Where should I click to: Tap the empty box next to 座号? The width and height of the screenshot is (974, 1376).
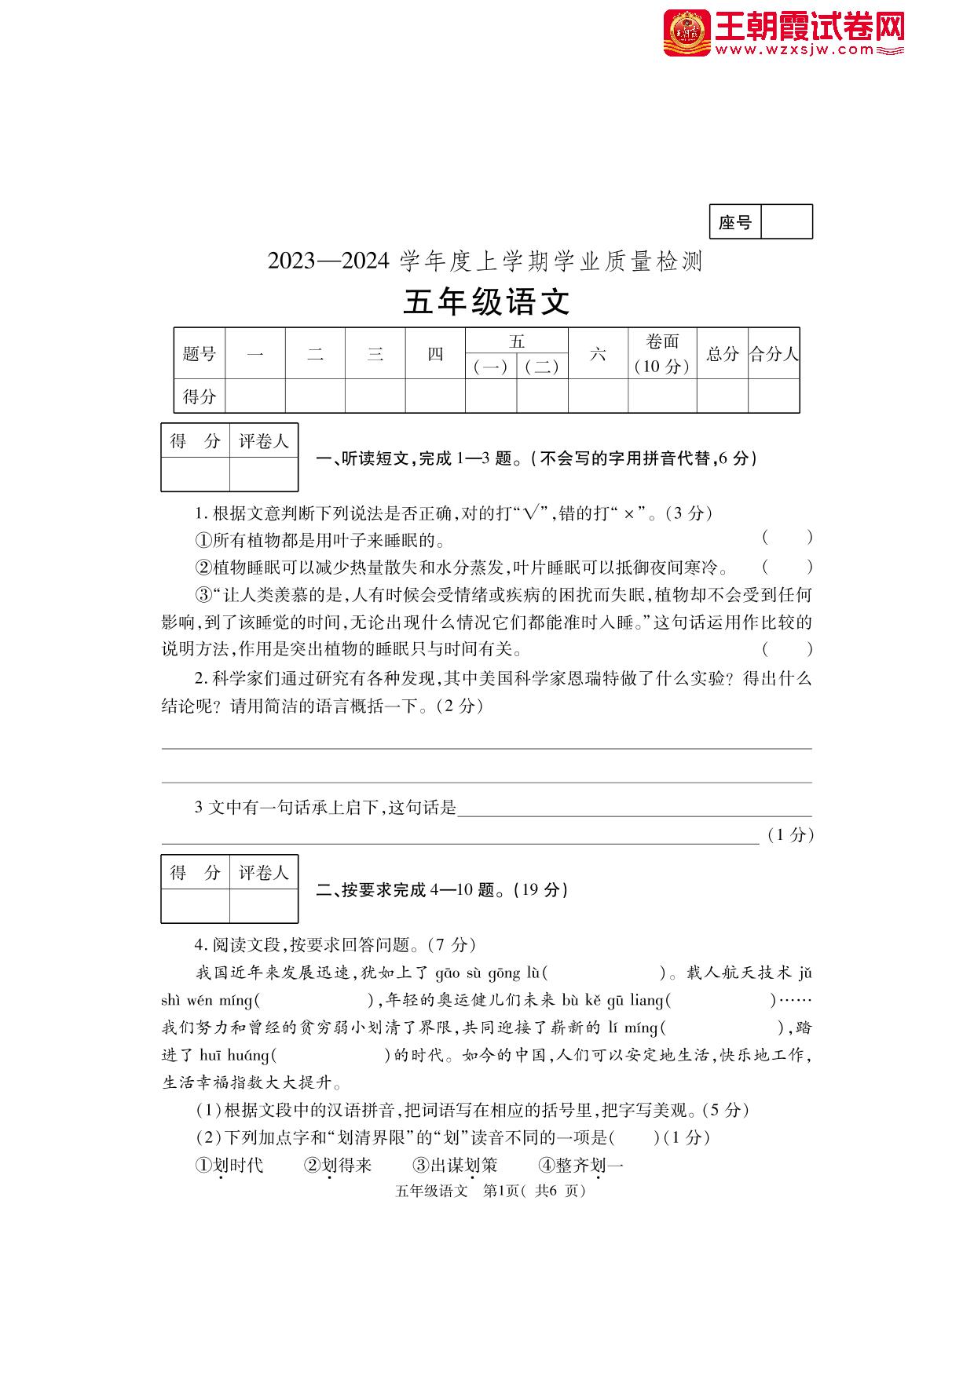786,222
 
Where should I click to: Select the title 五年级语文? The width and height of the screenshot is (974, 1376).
486,302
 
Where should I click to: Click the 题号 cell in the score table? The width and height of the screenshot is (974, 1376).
200,354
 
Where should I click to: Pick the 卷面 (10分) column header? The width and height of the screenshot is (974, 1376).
662,354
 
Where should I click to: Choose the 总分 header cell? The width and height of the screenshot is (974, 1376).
722,354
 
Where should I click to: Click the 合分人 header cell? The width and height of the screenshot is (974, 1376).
774,354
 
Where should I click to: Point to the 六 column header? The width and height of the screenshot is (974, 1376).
598,354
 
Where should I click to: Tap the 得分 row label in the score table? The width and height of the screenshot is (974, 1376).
200,396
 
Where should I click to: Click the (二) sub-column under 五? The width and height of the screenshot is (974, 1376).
542,367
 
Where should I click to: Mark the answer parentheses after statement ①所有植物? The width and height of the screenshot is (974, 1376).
787,538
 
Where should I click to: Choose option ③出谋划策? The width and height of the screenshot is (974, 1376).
456,1166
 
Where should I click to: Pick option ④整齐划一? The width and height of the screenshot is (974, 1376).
581,1166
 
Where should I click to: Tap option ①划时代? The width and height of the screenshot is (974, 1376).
229,1166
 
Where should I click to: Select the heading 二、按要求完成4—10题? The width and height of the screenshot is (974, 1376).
441,890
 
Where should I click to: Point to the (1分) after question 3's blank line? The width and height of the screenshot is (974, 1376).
789,835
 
